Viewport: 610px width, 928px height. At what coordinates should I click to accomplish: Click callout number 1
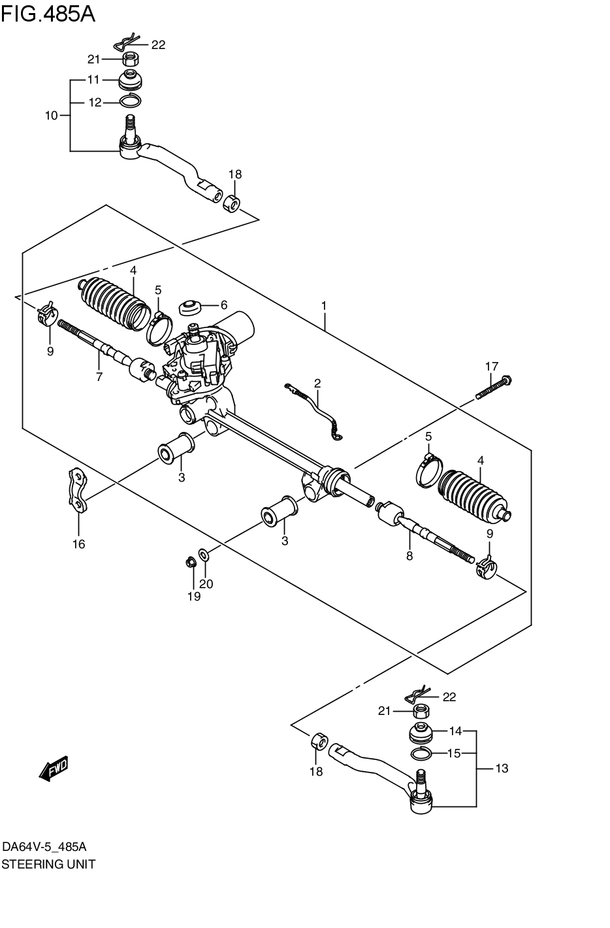pos(323,305)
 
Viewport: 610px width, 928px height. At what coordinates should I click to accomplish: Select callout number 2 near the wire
pos(317,383)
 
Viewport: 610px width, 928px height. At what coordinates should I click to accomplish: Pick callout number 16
pos(78,544)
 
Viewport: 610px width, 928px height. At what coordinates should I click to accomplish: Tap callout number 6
pos(223,305)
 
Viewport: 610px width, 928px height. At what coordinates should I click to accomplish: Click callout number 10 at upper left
pos(51,116)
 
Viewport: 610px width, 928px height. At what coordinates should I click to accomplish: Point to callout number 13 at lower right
pos(501,769)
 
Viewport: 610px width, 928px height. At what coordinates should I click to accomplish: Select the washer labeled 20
pos(204,555)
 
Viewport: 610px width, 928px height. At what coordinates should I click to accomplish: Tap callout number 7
pos(99,376)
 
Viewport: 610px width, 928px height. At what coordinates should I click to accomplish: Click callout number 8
pos(409,556)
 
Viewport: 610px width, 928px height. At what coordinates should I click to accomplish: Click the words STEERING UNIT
pos(48,864)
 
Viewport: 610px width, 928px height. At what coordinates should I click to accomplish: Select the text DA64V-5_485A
pos(44,847)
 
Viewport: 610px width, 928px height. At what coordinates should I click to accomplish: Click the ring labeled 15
pos(421,754)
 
